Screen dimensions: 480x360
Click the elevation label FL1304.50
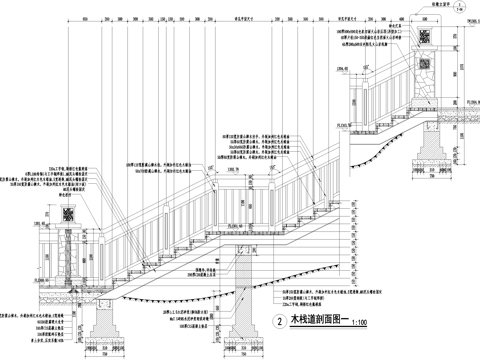coord(465,101)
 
